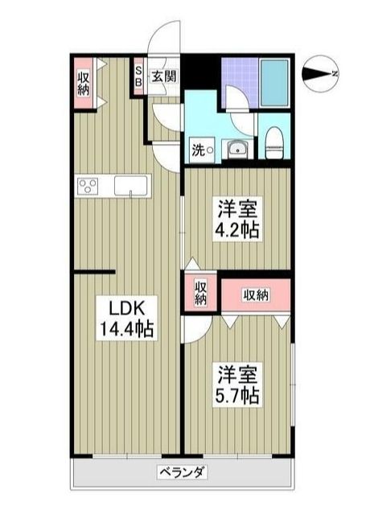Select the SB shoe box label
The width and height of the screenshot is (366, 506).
pos(138,76)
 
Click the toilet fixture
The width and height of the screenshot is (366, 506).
pos(273,142)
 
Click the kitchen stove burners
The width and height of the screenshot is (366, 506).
pos(88,186)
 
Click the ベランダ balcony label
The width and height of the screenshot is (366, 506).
pos(181,473)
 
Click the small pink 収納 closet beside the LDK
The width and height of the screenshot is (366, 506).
pos(199,294)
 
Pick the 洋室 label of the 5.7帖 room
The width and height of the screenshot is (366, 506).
pos(236,375)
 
